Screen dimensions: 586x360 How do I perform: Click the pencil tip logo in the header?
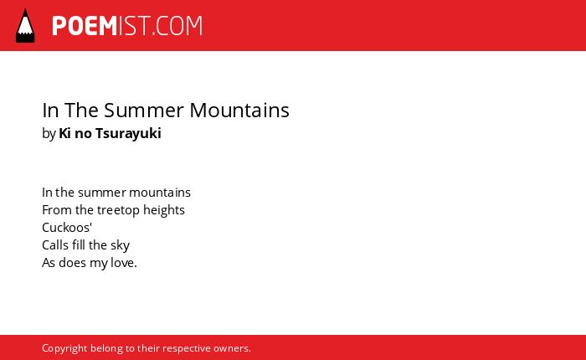point(25,26)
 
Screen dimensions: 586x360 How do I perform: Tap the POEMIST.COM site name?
point(127,26)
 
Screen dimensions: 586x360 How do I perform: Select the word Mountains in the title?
point(239,111)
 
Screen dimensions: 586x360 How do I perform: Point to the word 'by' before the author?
point(49,133)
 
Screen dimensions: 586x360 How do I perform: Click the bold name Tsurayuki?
point(128,133)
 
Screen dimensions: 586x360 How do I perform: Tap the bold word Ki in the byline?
point(64,133)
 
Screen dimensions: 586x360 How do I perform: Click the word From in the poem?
point(57,210)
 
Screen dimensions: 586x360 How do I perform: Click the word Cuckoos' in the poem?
point(67,228)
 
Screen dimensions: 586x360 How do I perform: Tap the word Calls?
point(55,245)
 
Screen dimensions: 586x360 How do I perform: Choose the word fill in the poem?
point(79,245)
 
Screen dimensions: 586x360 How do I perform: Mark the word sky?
point(120,246)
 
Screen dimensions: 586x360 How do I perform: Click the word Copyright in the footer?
point(64,349)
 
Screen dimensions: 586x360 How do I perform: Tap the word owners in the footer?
point(230,349)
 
